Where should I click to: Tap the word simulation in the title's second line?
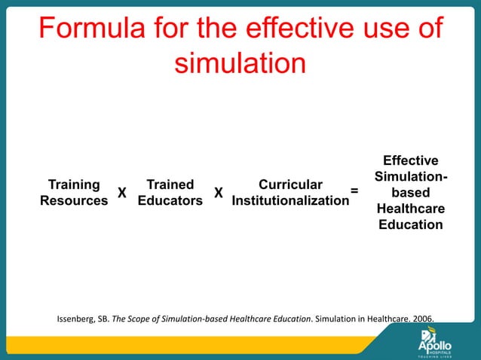tap(240, 63)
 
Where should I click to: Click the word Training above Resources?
tap(74, 185)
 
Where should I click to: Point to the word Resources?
tap(74, 201)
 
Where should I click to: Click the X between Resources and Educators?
tap(121, 194)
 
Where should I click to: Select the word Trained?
tap(170, 185)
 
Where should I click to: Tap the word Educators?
tap(170, 201)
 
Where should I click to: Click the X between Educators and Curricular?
tap(218, 194)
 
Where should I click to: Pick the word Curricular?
tap(290, 185)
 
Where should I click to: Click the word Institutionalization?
tap(290, 201)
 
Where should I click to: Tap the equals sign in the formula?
tap(354, 193)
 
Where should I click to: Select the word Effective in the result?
tap(410, 161)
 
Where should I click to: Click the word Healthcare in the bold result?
tap(410, 209)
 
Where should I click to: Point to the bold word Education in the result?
tap(410, 224)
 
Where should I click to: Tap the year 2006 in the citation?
tap(424, 318)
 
